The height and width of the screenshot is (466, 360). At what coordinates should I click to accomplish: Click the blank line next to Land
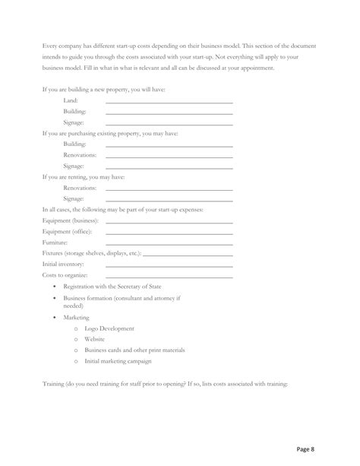[x=169, y=102]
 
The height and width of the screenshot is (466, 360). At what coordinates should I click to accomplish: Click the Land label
[x=71, y=100]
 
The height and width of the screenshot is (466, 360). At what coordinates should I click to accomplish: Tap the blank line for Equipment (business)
[x=169, y=221]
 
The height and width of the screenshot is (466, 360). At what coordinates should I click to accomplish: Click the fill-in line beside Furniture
[x=169, y=243]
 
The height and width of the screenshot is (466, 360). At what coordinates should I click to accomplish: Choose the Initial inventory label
[x=63, y=264]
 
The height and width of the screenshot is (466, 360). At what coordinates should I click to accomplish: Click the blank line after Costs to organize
[x=169, y=276]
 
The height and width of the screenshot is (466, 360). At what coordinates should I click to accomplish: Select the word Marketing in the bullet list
[x=77, y=317]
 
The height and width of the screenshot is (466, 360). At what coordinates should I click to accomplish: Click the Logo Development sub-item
[x=109, y=328]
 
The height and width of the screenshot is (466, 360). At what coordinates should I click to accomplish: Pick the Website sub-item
[x=95, y=339]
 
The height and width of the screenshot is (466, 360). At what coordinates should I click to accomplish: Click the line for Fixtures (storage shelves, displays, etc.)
[x=187, y=254]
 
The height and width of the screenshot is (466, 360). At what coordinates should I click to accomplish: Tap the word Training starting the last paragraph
[x=55, y=383]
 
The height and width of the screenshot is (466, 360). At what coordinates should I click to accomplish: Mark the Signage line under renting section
[x=169, y=199]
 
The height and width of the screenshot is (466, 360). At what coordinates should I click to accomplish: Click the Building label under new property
[x=74, y=111]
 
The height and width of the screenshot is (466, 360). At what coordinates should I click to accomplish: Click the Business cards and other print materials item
[x=134, y=350]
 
